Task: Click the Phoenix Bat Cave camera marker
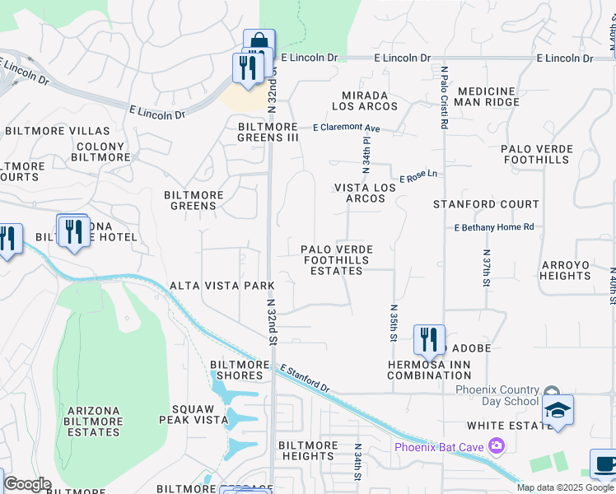pyautogui.click(x=496, y=446)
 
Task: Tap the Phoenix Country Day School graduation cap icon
pyautogui.click(x=558, y=410)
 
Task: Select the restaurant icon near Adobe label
pyautogui.click(x=428, y=339)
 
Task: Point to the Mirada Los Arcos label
pyautogui.click(x=365, y=100)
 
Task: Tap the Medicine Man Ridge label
pyautogui.click(x=488, y=96)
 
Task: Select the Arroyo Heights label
pyautogui.click(x=566, y=270)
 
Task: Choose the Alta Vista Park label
pyautogui.click(x=222, y=286)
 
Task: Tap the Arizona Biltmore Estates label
pyautogui.click(x=94, y=421)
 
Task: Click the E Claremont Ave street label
pyautogui.click(x=346, y=128)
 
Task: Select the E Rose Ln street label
pyautogui.click(x=418, y=177)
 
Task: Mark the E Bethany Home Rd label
pyautogui.click(x=493, y=227)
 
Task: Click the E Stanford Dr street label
pyautogui.click(x=305, y=378)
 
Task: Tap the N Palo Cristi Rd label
pyautogui.click(x=444, y=97)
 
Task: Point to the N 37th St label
pyautogui.click(x=487, y=268)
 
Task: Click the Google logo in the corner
pyautogui.click(x=27, y=484)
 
